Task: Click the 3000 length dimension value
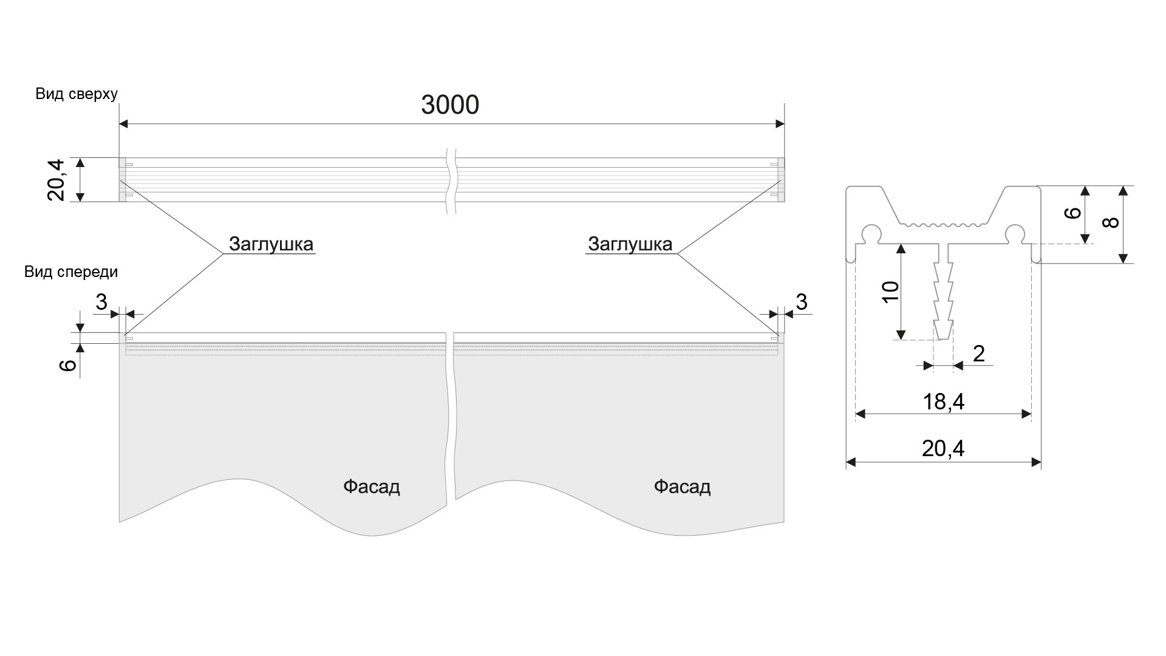click(450, 105)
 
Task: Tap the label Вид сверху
click(77, 94)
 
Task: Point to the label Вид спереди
click(71, 272)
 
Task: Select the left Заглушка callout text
click(271, 244)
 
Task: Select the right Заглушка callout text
click(630, 244)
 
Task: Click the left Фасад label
click(372, 487)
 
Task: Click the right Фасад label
click(682, 487)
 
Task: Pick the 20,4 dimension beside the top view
click(56, 180)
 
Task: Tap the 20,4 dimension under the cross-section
click(943, 449)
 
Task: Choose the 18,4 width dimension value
click(943, 401)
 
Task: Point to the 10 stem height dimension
click(890, 292)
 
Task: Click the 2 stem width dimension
click(978, 354)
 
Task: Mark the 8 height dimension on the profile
click(1111, 222)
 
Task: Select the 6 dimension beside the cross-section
click(1074, 213)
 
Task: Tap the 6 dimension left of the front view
click(69, 364)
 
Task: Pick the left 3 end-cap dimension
click(101, 301)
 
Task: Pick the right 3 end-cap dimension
click(802, 301)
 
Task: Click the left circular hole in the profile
click(872, 233)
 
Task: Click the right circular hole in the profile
click(1014, 233)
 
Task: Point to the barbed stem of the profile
click(943, 298)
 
